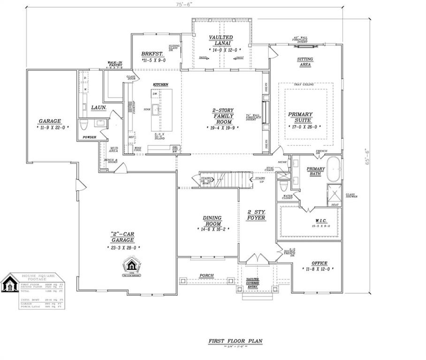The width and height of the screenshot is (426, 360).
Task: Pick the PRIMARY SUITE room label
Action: tap(300, 116)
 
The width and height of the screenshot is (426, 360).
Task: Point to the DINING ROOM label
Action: tap(212, 220)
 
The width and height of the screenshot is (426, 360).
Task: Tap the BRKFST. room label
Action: tap(152, 54)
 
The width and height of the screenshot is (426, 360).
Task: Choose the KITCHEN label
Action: tap(160, 85)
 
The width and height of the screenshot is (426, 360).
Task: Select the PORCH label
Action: tap(206, 275)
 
